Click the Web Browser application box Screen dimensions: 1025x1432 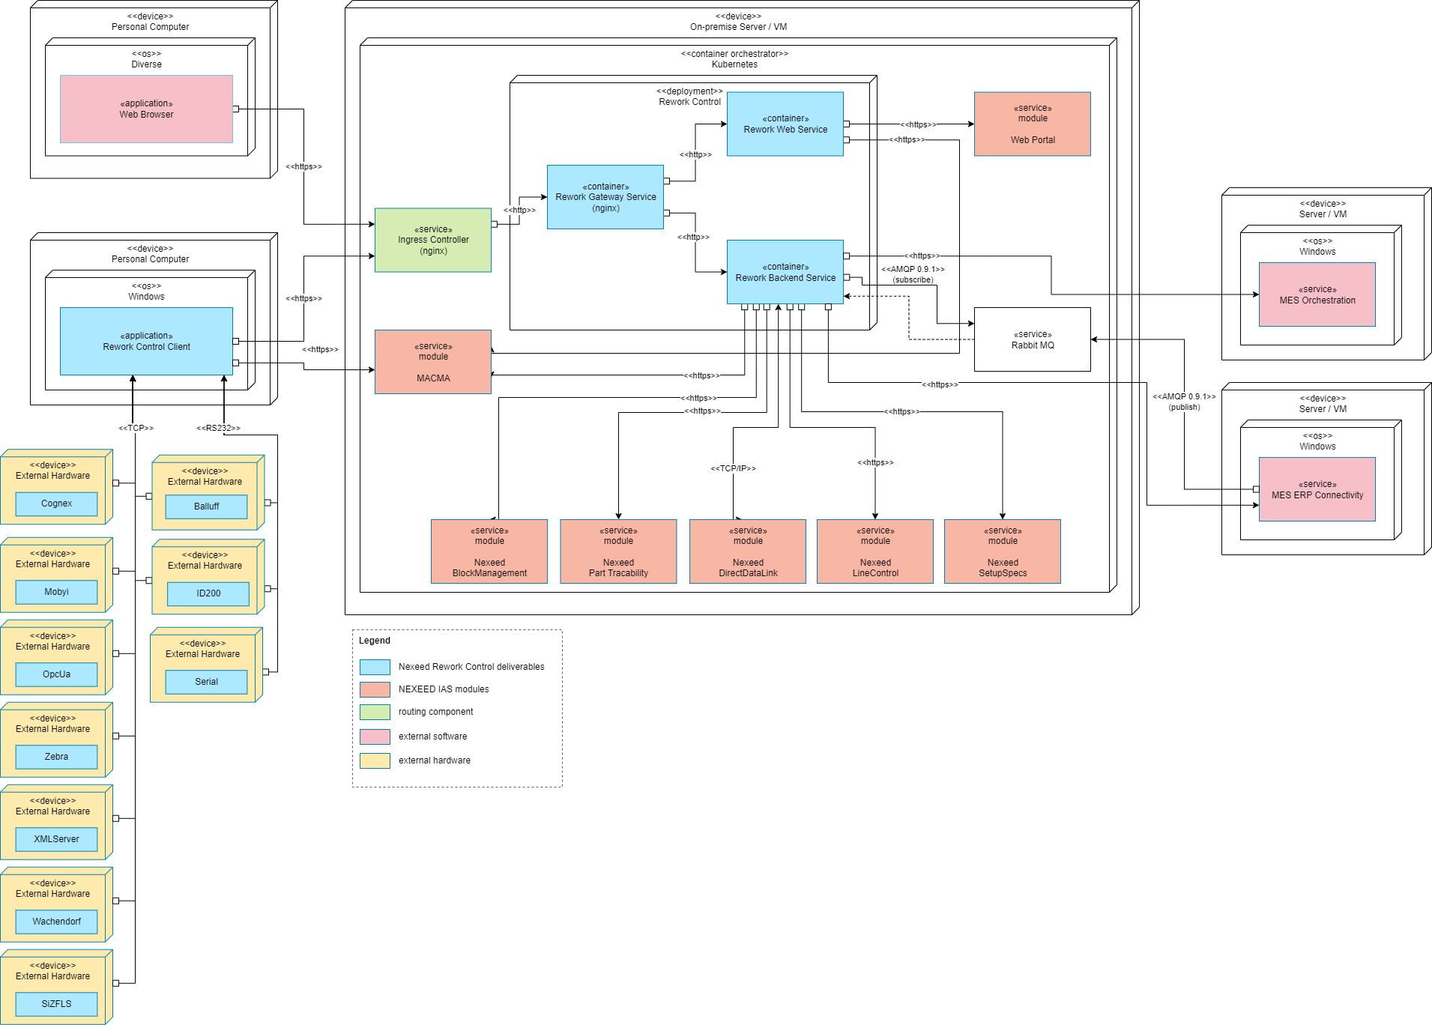coord(146,109)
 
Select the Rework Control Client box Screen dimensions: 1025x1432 coord(146,341)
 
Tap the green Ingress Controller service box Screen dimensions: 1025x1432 coord(432,240)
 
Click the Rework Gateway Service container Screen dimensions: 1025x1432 coord(605,197)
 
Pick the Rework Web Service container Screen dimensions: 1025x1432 coord(785,124)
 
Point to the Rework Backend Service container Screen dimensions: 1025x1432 coord(785,272)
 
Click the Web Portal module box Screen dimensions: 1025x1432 coord(1032,124)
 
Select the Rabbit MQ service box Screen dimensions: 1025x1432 coord(1032,339)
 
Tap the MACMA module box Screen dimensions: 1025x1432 coord(432,362)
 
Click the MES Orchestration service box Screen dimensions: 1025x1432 coord(1317,294)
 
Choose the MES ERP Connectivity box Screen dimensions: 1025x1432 coord(1317,489)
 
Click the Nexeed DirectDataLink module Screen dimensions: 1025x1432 coord(747,551)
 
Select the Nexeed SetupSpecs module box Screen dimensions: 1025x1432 coord(1002,551)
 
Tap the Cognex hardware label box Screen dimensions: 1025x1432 coord(56,504)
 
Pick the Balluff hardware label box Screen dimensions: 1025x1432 coord(206,507)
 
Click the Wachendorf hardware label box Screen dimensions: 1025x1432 coord(56,922)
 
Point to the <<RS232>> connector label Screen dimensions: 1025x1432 coord(218,428)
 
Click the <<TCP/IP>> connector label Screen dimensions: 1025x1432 coord(733,468)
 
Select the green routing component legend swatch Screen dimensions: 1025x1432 coord(375,712)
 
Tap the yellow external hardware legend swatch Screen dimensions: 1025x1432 coord(375,761)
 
